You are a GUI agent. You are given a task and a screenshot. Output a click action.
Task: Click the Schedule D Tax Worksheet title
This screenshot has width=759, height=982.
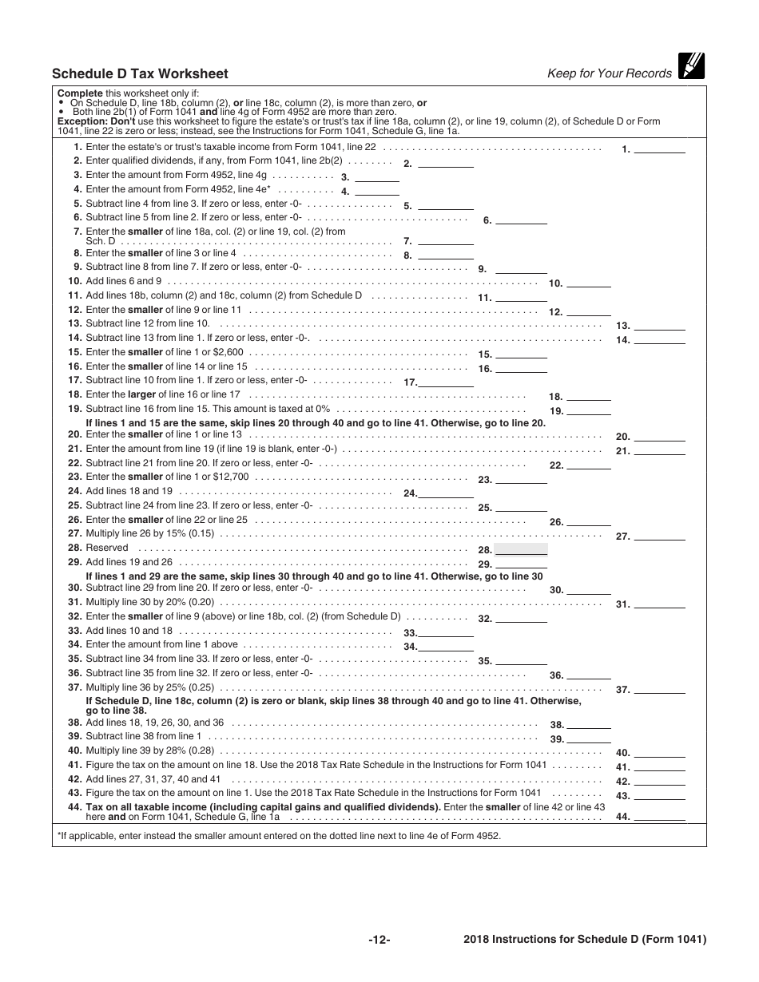pyautogui.click(x=140, y=74)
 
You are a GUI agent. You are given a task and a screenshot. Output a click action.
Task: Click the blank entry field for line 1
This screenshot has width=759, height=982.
pyautogui.click(x=659, y=148)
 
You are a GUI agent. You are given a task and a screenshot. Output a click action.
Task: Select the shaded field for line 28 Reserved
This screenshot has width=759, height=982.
pyautogui.click(x=521, y=548)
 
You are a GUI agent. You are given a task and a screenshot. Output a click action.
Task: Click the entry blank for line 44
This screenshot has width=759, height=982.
pyautogui.click(x=659, y=816)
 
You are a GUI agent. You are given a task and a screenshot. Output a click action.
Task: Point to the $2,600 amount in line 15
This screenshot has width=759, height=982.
pyautogui.click(x=228, y=352)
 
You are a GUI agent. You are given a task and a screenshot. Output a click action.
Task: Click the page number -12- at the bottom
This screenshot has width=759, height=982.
pyautogui.click(x=379, y=940)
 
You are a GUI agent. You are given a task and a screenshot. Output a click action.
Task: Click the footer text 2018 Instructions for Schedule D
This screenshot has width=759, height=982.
pyautogui.click(x=585, y=940)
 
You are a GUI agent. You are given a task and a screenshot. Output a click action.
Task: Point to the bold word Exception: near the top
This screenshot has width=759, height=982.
pyautogui.click(x=80, y=121)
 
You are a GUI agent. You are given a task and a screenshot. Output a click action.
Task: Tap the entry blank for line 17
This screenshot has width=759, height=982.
pyautogui.click(x=447, y=382)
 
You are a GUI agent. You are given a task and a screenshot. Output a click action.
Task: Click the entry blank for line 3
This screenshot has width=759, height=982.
pyautogui.click(x=376, y=176)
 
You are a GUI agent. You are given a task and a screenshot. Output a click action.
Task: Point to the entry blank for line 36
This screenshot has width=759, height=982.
pyautogui.click(x=589, y=674)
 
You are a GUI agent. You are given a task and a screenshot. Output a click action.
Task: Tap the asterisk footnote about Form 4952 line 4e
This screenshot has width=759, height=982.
pyautogui.click(x=279, y=836)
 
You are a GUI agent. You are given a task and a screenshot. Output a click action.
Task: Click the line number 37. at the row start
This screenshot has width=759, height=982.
pyautogui.click(x=74, y=687)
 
